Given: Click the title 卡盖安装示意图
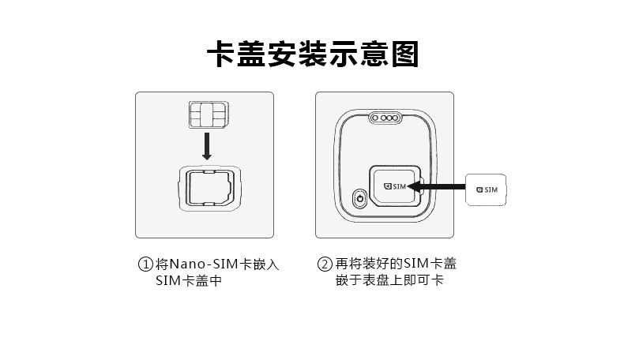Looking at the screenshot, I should click(x=311, y=54).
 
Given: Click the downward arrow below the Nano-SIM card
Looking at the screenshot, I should click(x=206, y=146).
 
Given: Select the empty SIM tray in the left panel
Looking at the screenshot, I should click(x=207, y=189).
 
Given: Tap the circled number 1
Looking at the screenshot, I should click(x=145, y=264).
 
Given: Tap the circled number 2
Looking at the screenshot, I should click(x=324, y=264).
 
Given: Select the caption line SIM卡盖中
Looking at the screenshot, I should click(x=188, y=281).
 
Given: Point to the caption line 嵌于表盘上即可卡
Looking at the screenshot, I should click(x=389, y=281).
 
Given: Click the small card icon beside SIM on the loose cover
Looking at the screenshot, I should click(x=478, y=189).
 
